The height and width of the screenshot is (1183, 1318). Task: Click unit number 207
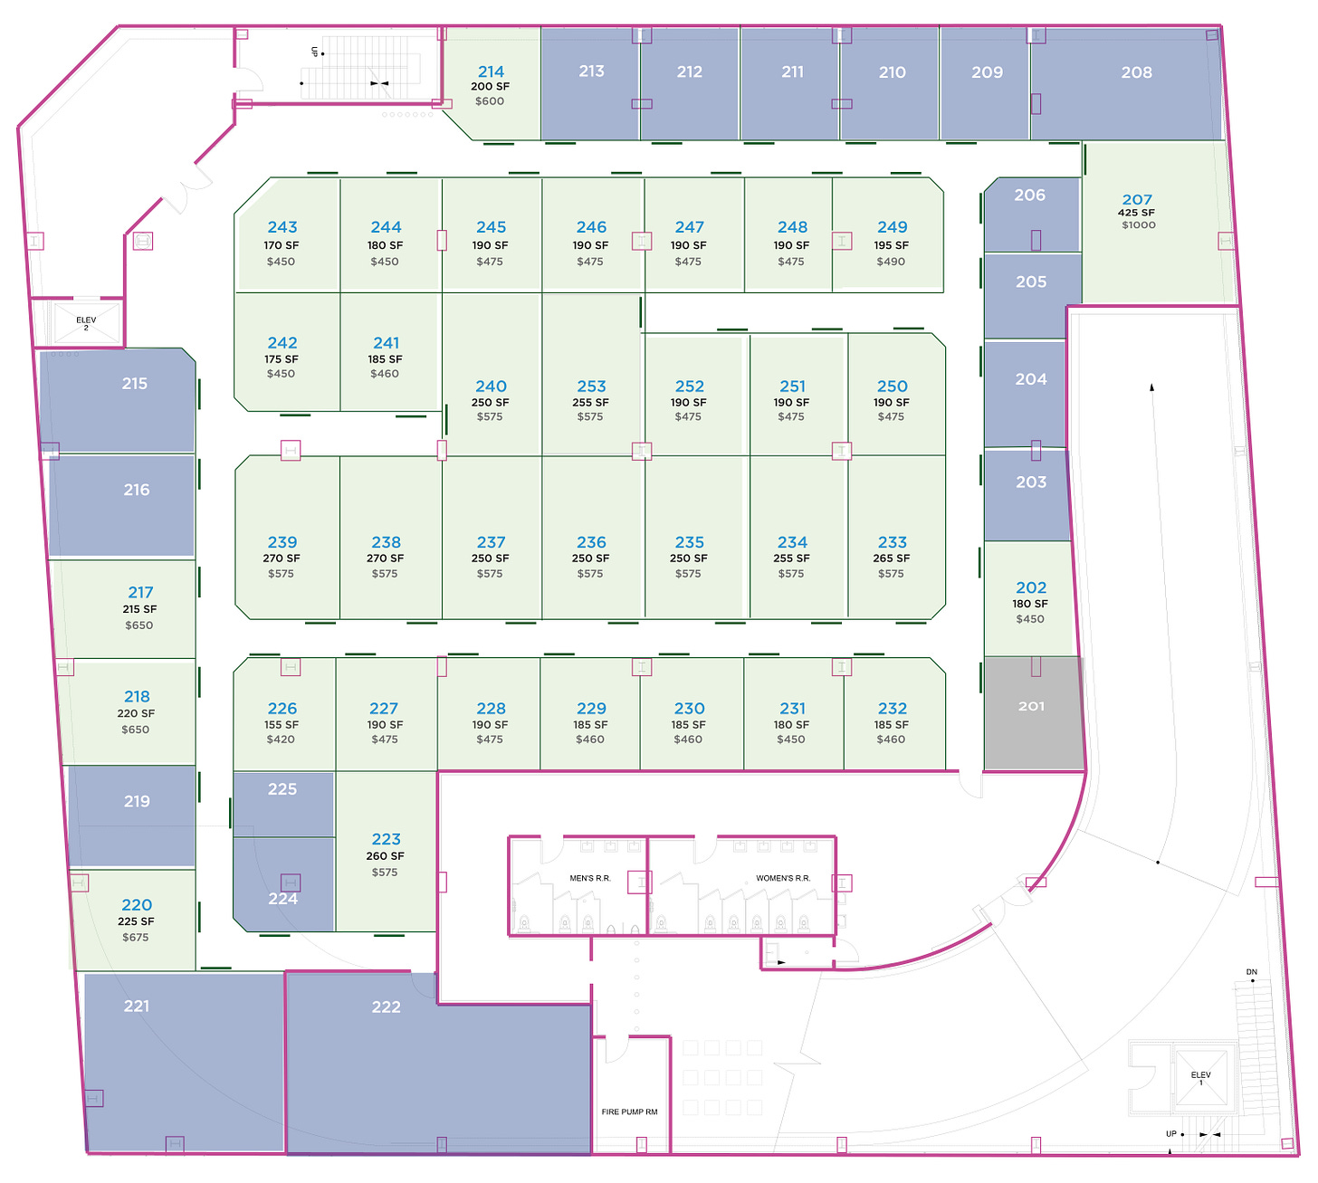(x=1137, y=200)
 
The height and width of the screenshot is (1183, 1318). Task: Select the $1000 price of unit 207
(x=1138, y=225)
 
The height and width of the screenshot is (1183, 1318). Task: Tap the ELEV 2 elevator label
(x=86, y=323)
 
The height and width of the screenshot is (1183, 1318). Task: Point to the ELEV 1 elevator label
(x=1200, y=1078)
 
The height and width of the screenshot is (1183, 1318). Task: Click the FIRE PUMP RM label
(x=629, y=1111)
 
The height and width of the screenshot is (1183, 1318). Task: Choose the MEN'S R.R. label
(x=590, y=878)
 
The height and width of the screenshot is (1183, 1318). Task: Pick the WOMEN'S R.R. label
(x=783, y=878)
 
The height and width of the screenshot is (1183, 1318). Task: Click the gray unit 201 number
(x=1031, y=706)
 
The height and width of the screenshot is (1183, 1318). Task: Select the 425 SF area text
(x=1136, y=213)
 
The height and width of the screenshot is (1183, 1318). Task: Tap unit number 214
(x=491, y=72)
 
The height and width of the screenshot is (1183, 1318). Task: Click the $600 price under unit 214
(x=490, y=101)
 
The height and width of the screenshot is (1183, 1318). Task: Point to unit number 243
(x=282, y=227)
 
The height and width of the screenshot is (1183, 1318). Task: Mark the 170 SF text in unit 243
(x=281, y=245)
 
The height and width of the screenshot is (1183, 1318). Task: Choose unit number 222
(x=386, y=1007)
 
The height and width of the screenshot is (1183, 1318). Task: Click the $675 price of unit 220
(x=136, y=938)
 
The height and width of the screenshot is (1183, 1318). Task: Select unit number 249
(x=892, y=227)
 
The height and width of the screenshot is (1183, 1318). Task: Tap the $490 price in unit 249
(x=891, y=262)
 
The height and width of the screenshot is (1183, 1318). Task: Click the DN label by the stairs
(x=1251, y=972)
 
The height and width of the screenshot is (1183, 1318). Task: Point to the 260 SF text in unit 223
(x=385, y=856)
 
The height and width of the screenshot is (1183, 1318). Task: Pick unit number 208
(x=1136, y=72)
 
